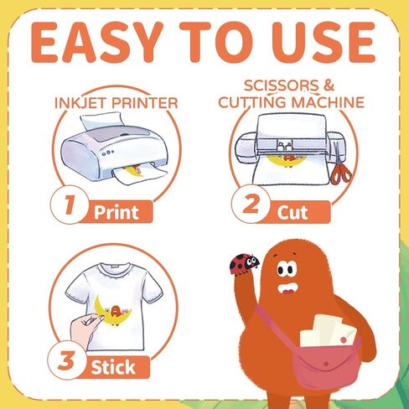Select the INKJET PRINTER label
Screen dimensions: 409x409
point(116,103)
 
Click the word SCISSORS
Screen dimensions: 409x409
point(282,85)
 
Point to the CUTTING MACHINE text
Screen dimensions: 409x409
point(292,102)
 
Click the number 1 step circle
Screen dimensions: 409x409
point(70,204)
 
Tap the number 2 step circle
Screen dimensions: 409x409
point(251,204)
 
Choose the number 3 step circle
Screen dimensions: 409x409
point(67,360)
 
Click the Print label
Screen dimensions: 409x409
point(116,213)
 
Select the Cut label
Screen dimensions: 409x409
point(293,213)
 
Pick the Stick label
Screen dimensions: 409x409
point(113,367)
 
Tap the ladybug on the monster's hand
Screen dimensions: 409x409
point(244,263)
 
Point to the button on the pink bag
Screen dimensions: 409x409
point(326,364)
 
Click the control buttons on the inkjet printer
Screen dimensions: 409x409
point(107,153)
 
